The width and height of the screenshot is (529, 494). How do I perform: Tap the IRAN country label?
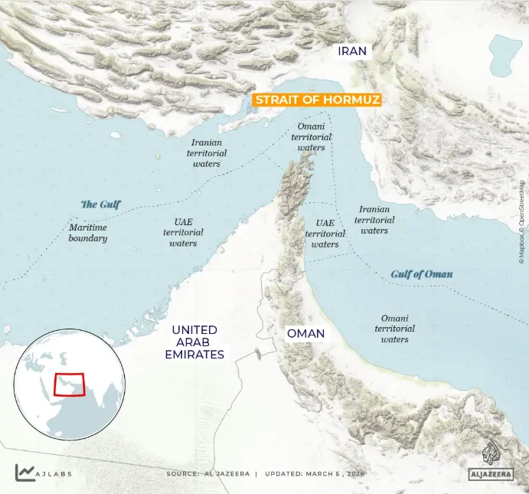pos(354,51)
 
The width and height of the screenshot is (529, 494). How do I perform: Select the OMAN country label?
pos(305,334)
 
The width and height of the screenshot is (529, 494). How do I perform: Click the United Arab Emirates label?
pos(194,342)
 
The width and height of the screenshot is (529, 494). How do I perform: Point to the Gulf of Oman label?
pos(421,274)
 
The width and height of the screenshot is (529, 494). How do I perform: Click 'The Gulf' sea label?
pos(101,204)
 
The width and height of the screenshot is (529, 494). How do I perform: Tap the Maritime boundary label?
pos(88,233)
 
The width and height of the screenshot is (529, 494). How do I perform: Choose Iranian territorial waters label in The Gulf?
pos(206,152)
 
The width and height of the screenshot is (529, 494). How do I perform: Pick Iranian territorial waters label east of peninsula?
pos(374,219)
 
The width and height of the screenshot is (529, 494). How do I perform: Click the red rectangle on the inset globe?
pos(69,384)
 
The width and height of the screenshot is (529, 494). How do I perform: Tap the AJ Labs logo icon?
pos(24,473)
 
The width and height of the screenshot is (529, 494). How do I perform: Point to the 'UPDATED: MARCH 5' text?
pos(315,473)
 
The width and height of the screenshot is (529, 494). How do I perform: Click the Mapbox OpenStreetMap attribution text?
pos(522,222)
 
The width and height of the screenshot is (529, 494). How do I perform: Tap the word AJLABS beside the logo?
pos(54,473)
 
